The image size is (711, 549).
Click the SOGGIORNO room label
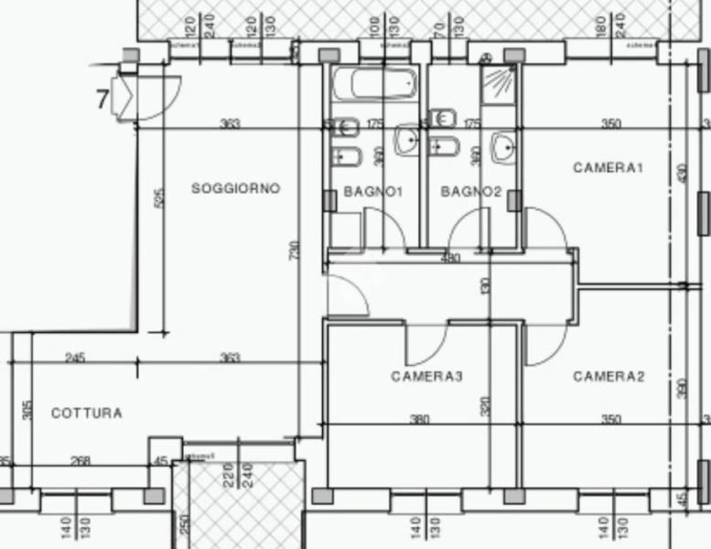(x=235, y=188)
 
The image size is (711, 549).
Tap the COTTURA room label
(x=86, y=414)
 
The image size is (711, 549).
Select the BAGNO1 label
(x=373, y=192)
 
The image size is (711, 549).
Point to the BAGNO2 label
(x=471, y=192)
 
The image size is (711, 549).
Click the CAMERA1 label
(x=609, y=167)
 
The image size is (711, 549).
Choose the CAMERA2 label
(x=609, y=376)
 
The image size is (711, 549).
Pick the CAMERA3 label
(x=426, y=376)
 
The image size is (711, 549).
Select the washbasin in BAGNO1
(x=406, y=141)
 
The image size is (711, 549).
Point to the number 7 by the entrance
(x=102, y=98)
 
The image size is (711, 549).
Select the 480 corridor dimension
(x=450, y=259)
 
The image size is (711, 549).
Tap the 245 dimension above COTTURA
(x=75, y=358)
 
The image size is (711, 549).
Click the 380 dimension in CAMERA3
(x=419, y=420)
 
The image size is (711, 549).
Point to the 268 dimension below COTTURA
(x=81, y=461)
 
